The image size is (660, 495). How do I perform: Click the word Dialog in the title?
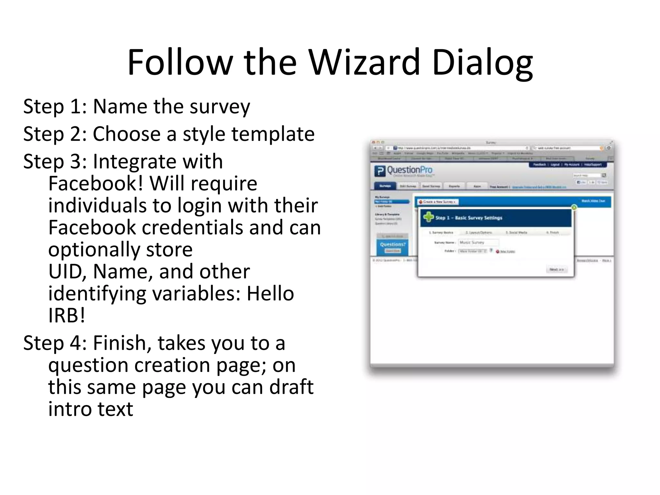point(482,63)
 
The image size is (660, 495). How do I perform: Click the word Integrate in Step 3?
point(158,161)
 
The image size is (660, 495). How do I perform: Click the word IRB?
point(67,315)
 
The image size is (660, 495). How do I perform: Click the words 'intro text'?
point(91,409)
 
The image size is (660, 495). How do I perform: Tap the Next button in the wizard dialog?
point(557,269)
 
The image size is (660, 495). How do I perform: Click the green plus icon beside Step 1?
point(428,217)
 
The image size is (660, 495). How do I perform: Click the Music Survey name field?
point(479,242)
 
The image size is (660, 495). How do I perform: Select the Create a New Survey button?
point(438,202)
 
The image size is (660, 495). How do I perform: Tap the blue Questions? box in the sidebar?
point(392,247)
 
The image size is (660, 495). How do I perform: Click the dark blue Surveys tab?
point(385,186)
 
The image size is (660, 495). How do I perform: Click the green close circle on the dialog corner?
point(574,207)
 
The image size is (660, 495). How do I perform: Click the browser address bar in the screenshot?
point(461,148)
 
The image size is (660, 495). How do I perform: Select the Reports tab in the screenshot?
point(454,186)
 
